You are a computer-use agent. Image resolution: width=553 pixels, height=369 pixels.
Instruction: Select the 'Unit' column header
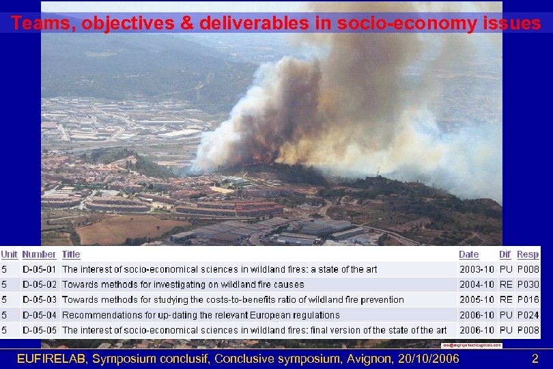(10, 254)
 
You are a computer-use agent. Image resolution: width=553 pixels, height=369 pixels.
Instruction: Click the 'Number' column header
(39, 254)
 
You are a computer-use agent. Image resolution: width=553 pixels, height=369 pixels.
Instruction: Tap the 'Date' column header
(469, 254)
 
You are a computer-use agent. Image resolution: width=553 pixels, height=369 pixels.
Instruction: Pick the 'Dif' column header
(505, 254)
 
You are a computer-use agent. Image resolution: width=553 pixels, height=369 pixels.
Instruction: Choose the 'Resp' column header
(528, 254)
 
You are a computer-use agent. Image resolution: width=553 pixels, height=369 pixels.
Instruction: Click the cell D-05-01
(39, 269)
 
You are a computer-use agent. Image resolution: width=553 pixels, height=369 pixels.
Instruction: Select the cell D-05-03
(39, 299)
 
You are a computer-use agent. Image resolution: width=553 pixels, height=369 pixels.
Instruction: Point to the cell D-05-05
(39, 330)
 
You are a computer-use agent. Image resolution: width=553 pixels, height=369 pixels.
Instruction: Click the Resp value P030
(528, 284)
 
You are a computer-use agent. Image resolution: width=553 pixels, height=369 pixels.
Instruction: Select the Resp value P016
(528, 299)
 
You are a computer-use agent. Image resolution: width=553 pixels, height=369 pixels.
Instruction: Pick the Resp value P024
(528, 315)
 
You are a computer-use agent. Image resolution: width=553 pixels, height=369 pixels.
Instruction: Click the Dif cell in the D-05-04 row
(506, 315)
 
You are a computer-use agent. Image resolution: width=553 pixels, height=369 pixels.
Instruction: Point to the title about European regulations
(201, 315)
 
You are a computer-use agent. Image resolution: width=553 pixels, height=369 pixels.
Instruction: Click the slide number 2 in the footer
(535, 358)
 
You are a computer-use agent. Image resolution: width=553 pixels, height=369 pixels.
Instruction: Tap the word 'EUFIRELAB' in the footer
(52, 358)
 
